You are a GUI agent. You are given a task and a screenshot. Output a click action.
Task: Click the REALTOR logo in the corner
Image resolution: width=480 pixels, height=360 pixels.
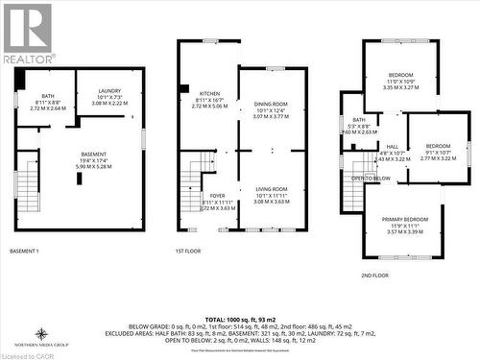(x=28, y=33)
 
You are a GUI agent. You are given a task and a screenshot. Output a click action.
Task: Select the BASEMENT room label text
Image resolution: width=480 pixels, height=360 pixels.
(x=93, y=155)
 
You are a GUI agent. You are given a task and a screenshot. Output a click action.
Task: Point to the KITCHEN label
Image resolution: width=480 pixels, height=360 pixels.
(x=210, y=93)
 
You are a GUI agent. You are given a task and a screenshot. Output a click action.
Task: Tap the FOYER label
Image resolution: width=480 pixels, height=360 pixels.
(x=217, y=196)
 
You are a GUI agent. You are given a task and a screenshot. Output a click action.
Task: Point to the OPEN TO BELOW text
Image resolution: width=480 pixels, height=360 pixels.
(x=371, y=179)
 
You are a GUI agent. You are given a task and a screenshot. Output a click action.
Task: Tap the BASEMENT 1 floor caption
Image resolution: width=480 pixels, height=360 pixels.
(x=24, y=251)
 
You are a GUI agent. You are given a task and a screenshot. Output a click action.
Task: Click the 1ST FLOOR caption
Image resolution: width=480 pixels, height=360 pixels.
(x=187, y=251)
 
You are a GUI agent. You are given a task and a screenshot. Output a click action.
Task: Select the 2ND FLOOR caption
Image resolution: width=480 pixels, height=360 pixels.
(x=374, y=276)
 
